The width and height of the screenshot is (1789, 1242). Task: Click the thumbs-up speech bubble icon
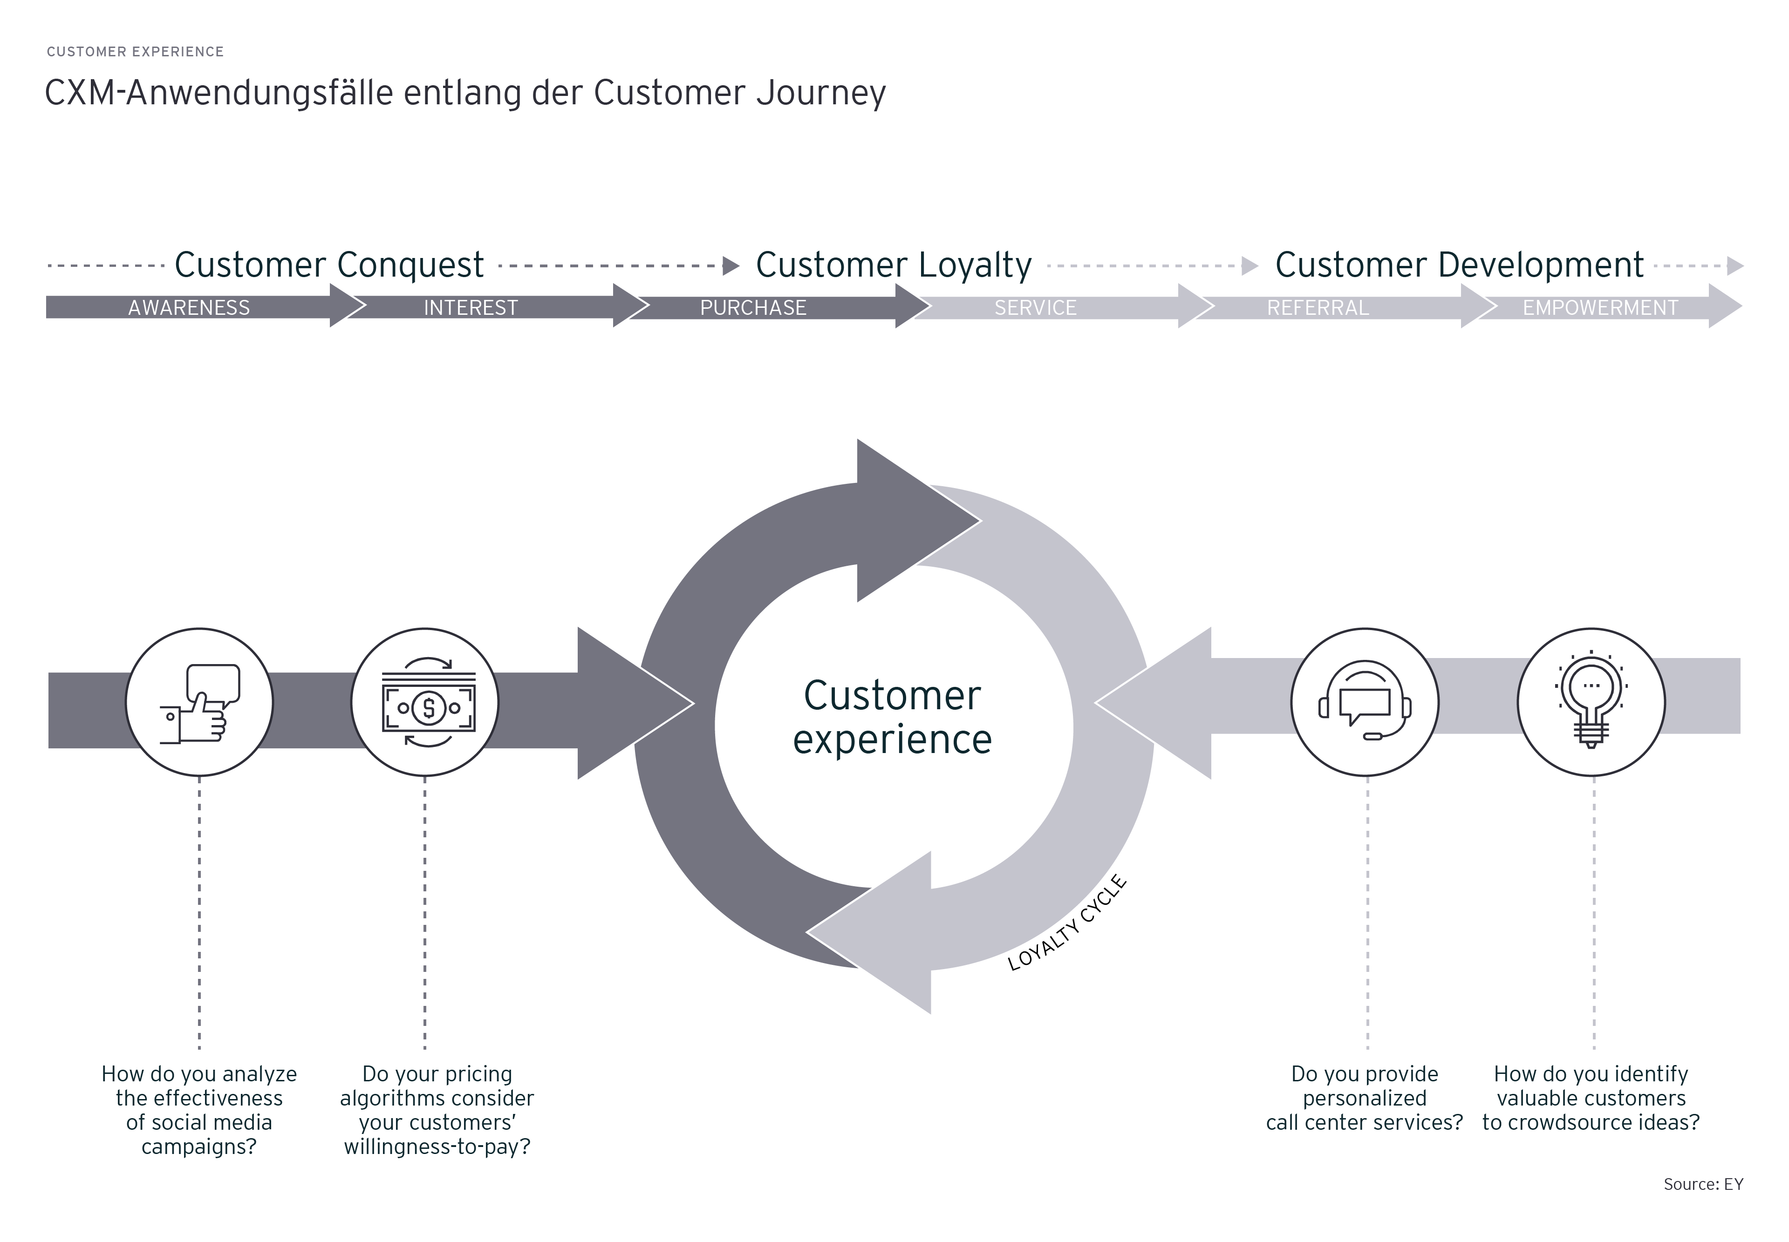click(199, 702)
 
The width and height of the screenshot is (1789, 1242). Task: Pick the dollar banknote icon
click(425, 702)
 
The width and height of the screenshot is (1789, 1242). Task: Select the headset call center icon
click(1365, 702)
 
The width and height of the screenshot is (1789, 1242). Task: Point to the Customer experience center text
click(892, 717)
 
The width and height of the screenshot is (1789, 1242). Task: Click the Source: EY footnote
click(1703, 1184)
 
